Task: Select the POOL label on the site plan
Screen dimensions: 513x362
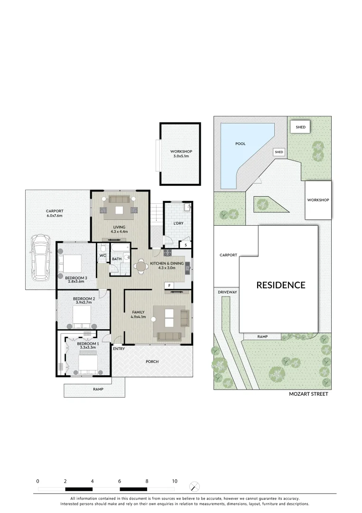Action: click(x=241, y=143)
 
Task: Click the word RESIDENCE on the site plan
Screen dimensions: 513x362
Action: click(x=281, y=285)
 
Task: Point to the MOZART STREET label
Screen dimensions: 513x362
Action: click(x=309, y=394)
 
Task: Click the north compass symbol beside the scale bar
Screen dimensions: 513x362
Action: click(x=195, y=486)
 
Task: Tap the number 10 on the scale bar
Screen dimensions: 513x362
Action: click(x=175, y=481)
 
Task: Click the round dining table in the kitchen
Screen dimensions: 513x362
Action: click(x=141, y=267)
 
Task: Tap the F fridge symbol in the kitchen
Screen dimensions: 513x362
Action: click(x=168, y=285)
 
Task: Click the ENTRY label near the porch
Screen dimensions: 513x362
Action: click(x=119, y=349)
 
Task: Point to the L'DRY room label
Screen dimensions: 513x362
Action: click(x=178, y=223)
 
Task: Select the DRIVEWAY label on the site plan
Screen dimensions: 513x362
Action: click(x=227, y=292)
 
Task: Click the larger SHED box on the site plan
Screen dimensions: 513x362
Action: click(x=300, y=127)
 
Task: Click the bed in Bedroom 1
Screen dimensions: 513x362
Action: click(x=87, y=363)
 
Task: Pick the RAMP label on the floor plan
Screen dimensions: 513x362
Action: click(x=98, y=389)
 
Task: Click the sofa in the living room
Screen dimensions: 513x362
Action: click(x=120, y=199)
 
